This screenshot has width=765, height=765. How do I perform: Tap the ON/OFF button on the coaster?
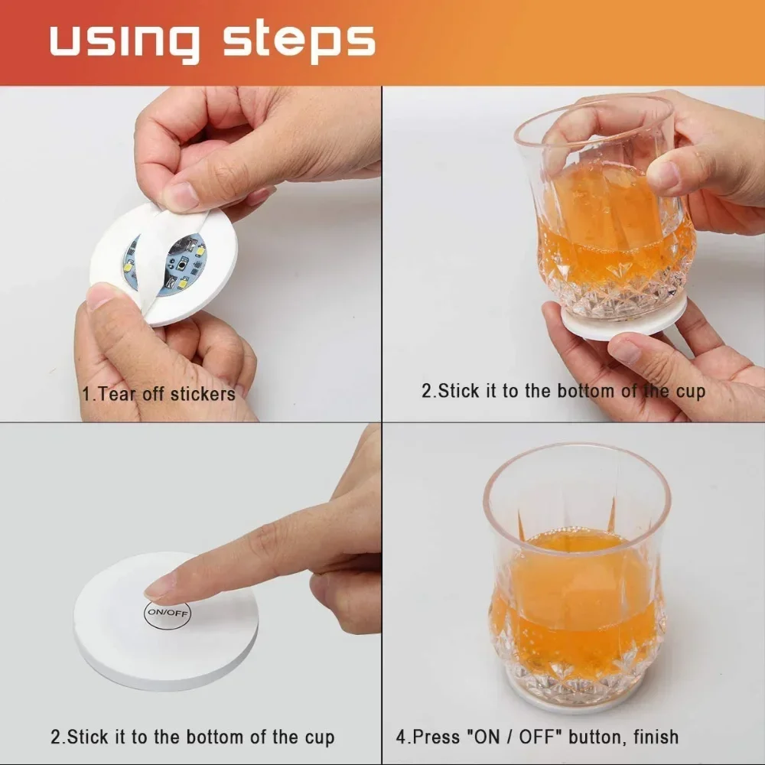tap(167, 612)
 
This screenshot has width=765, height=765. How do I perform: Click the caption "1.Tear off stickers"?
tap(158, 395)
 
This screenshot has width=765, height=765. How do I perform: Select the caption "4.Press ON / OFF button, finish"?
tap(537, 737)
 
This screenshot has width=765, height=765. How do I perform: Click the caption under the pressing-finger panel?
tap(193, 737)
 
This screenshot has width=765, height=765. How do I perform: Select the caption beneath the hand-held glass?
tap(563, 392)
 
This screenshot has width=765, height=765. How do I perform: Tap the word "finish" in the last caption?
tap(650, 737)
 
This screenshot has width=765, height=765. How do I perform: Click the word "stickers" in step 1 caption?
tap(203, 395)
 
